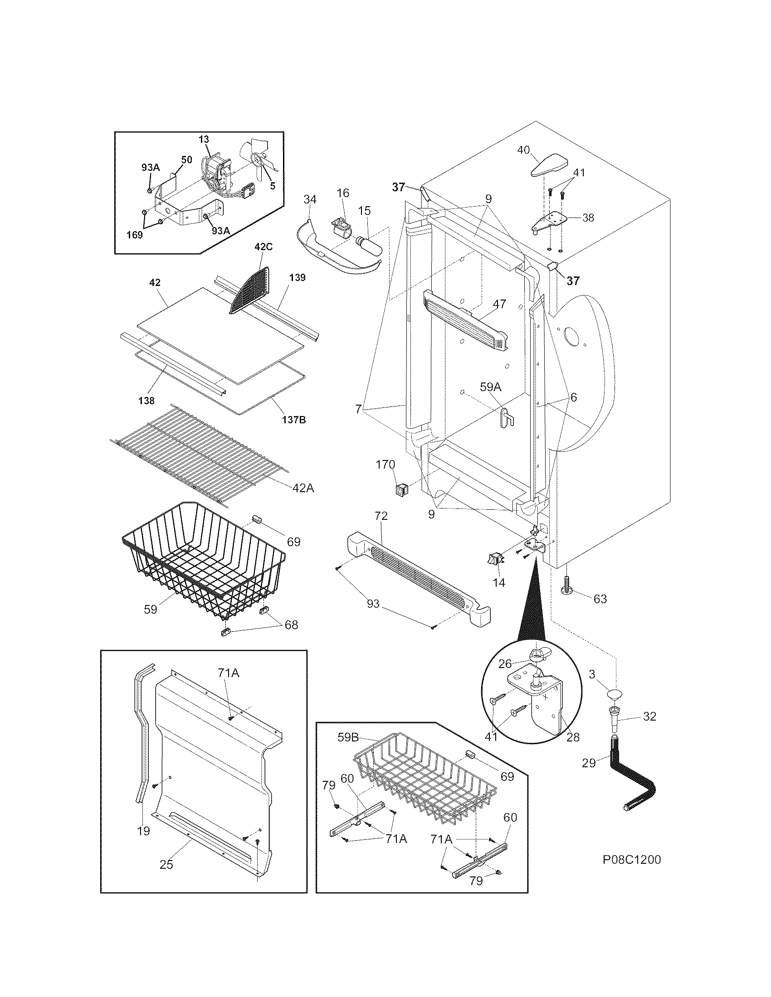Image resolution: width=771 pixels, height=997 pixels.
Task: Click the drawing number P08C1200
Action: point(631,860)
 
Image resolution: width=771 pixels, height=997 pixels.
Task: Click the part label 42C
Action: point(263,247)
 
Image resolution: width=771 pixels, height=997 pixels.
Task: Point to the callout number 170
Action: point(385,465)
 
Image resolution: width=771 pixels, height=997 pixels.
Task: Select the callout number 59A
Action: point(491,387)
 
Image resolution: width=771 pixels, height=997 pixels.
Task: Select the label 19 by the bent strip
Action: point(143,831)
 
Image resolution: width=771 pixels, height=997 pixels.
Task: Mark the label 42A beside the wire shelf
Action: point(303,488)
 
